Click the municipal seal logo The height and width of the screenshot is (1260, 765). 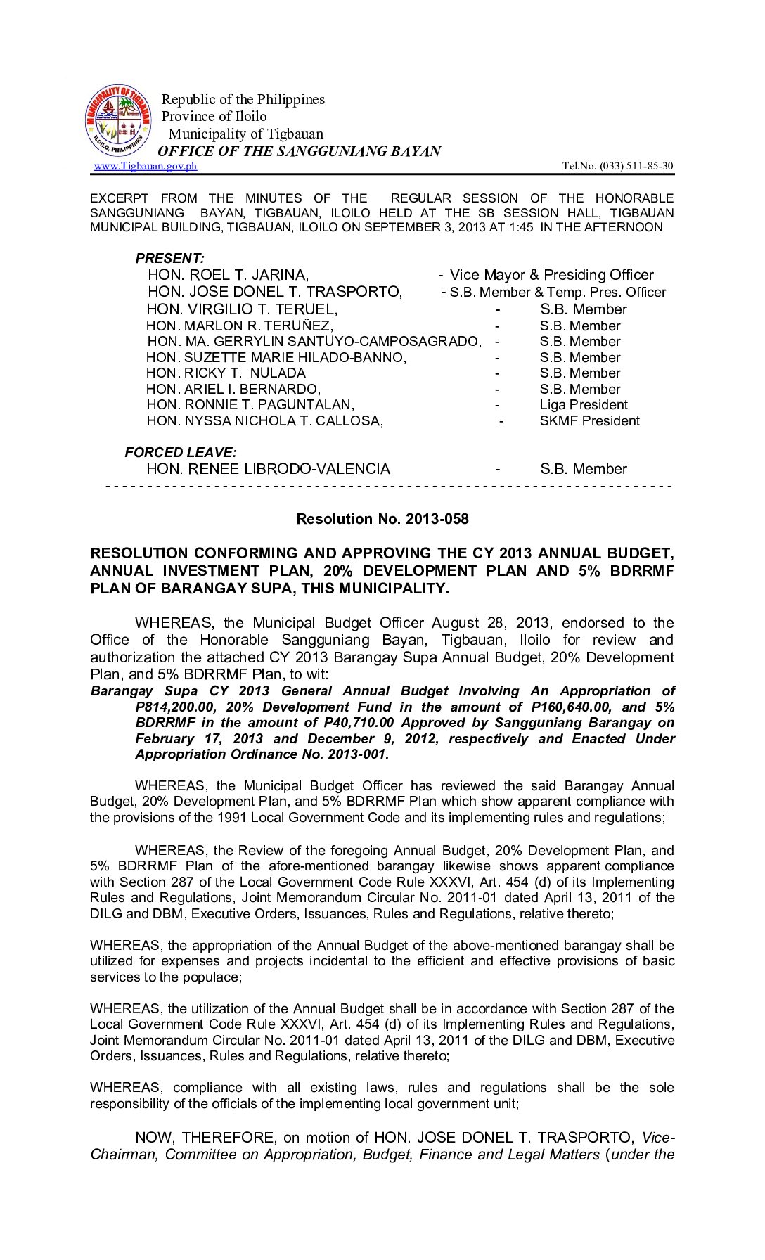(118, 120)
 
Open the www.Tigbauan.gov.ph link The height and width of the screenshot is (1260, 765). (146, 166)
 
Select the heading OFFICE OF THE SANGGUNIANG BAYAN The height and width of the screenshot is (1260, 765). (299, 151)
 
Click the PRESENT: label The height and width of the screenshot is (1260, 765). (170, 258)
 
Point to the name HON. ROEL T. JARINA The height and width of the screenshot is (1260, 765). (228, 275)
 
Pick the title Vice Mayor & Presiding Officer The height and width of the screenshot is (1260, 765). (551, 275)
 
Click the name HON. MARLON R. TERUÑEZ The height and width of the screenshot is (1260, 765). (240, 326)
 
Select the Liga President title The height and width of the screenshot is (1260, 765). (584, 404)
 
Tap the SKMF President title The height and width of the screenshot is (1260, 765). (589, 420)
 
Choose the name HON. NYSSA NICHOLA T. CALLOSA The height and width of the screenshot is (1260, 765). (264, 420)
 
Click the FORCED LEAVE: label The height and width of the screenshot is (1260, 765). (181, 452)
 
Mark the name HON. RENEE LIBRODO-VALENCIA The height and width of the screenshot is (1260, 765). (268, 469)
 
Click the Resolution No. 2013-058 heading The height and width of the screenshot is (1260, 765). (382, 519)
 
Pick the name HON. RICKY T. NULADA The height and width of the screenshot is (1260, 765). (226, 373)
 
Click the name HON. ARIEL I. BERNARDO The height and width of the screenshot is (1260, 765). (233, 389)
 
